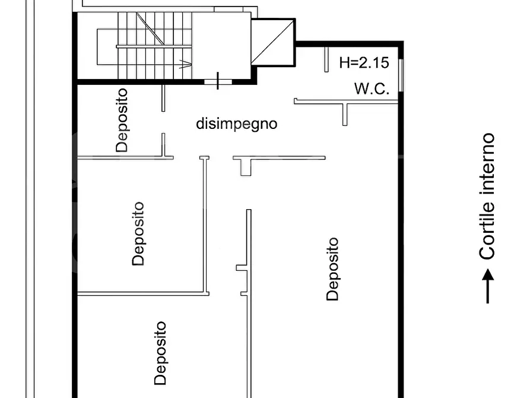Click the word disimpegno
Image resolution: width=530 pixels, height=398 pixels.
(237, 124)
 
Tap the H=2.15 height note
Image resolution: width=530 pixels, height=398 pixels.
(364, 62)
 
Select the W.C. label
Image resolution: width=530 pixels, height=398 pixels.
(372, 89)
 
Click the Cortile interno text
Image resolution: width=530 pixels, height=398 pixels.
(487, 196)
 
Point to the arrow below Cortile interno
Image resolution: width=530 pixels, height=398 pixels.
(487, 286)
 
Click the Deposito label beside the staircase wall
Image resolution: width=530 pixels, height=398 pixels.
(122, 120)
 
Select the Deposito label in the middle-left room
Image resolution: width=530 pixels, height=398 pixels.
(138, 233)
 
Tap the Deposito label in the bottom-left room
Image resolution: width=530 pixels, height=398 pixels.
(160, 353)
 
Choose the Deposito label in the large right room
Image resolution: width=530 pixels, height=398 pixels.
(333, 269)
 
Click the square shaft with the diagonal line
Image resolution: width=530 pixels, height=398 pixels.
(273, 42)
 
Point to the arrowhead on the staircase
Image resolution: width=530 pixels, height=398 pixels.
(186, 62)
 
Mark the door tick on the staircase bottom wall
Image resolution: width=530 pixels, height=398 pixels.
(218, 80)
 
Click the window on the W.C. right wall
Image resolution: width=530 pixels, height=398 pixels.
(401, 75)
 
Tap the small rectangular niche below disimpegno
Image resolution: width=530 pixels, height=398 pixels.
(246, 167)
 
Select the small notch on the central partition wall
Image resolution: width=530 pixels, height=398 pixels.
(242, 268)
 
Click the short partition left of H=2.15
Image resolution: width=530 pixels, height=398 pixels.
(326, 59)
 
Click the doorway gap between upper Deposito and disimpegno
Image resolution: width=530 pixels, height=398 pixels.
(163, 122)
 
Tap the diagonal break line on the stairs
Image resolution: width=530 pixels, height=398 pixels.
(151, 28)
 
